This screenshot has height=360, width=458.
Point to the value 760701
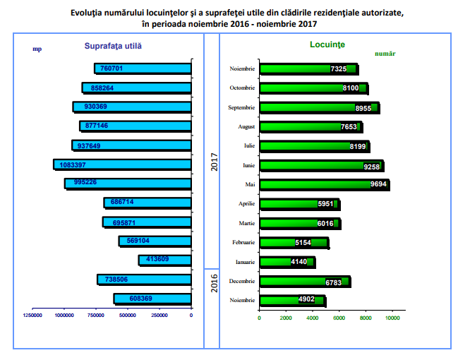(112, 68)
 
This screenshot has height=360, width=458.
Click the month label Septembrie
(241, 107)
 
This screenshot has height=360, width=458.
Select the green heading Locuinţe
(327, 45)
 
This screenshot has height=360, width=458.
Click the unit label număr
(385, 54)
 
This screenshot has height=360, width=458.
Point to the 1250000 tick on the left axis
(32, 316)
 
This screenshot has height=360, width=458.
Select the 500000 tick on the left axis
(127, 316)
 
